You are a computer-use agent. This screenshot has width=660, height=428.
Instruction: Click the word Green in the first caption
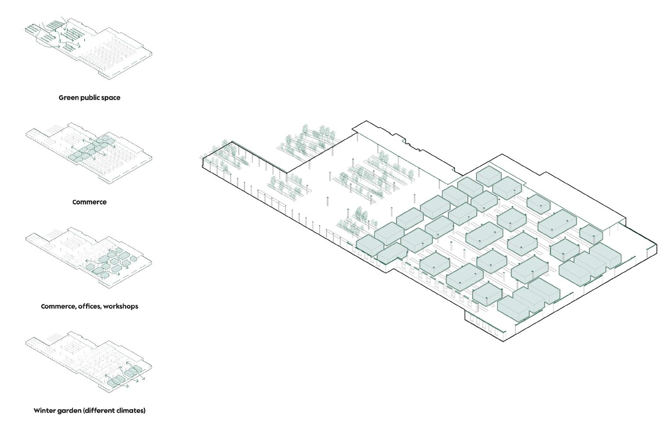[x=68, y=97]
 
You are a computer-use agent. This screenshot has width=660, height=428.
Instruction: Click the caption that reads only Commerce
[x=90, y=202]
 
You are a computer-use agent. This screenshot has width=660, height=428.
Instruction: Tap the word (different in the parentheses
[x=99, y=410]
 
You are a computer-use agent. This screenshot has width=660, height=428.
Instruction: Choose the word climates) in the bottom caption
[x=131, y=410]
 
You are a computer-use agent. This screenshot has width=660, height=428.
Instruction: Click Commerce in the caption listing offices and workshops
[x=58, y=306]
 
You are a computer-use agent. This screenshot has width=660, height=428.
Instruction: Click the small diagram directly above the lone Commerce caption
[x=88, y=151]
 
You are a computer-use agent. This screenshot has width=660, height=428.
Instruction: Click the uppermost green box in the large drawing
[x=488, y=176]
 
